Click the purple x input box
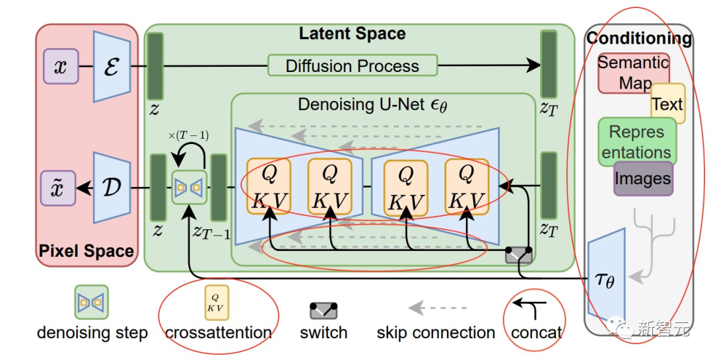(60, 67)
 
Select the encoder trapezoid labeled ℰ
(111, 67)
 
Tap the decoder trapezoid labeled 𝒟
(111, 188)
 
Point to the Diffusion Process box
(352, 66)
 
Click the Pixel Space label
(86, 251)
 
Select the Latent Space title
(352, 34)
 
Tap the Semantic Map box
(632, 72)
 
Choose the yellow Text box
(667, 104)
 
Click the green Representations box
(636, 141)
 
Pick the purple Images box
(642, 178)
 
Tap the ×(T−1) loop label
(189, 135)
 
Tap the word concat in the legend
(536, 333)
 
